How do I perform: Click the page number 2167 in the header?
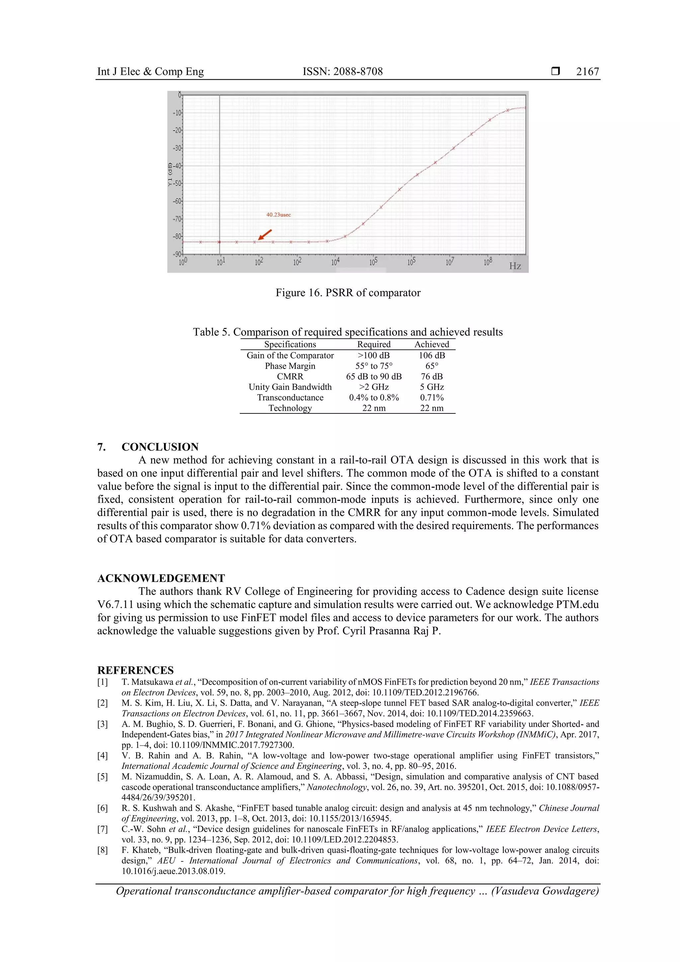(x=587, y=72)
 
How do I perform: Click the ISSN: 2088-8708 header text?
(x=342, y=72)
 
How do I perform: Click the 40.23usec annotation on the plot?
(x=278, y=215)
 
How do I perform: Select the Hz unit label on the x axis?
(x=515, y=266)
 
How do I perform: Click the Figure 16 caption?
(x=348, y=293)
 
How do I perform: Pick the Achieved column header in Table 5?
(x=432, y=344)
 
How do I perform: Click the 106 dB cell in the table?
(x=432, y=355)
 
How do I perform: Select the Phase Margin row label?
(x=290, y=366)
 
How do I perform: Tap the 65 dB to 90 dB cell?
(x=374, y=376)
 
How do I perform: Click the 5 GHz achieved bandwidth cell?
(x=432, y=387)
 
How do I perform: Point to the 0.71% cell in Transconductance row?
(x=432, y=397)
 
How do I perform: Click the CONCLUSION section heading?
(x=160, y=447)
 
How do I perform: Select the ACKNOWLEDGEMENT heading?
(x=161, y=578)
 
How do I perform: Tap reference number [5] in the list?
(x=103, y=776)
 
